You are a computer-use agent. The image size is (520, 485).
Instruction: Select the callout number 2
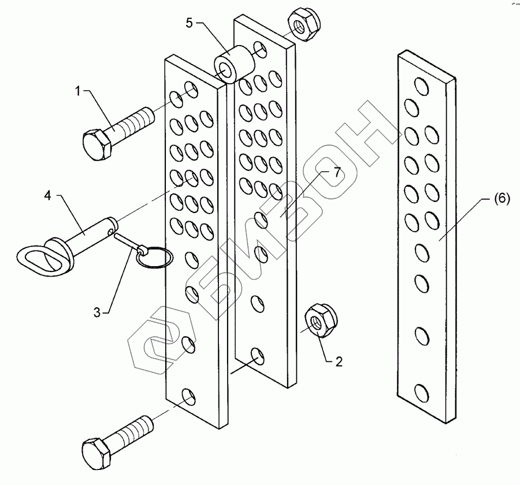pyautogui.click(x=339, y=362)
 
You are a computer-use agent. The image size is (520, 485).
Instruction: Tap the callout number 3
pyautogui.click(x=98, y=312)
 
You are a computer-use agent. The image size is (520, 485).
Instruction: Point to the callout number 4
pyautogui.click(x=47, y=196)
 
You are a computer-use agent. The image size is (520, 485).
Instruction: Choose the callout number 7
pyautogui.click(x=337, y=171)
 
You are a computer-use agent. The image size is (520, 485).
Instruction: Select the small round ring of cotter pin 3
pyautogui.click(x=154, y=258)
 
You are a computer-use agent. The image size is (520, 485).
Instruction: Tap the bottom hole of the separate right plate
pyautogui.click(x=422, y=394)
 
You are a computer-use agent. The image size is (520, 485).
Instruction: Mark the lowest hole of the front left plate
pyautogui.click(x=188, y=396)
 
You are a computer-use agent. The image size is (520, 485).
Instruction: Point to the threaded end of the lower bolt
pyautogui.click(x=141, y=428)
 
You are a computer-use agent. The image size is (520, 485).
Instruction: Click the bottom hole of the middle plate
pyautogui.click(x=257, y=353)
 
